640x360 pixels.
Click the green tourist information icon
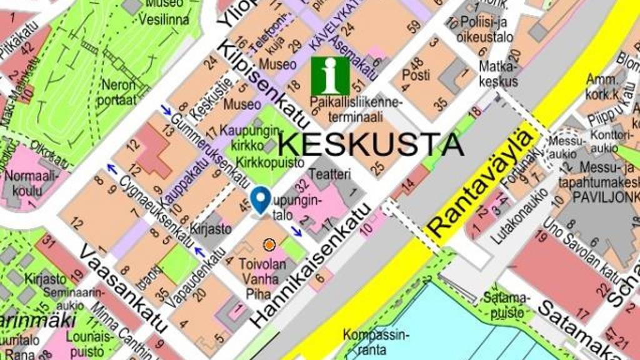(x=331, y=76)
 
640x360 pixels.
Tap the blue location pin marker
(x=261, y=199)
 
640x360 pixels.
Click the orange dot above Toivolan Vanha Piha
(x=269, y=245)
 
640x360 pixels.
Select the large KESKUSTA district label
(x=371, y=144)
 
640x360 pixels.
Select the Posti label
(x=416, y=75)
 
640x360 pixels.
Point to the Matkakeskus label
(x=498, y=74)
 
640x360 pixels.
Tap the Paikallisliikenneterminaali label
(x=357, y=109)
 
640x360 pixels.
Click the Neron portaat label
(x=117, y=92)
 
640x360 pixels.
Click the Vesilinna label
(x=164, y=19)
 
